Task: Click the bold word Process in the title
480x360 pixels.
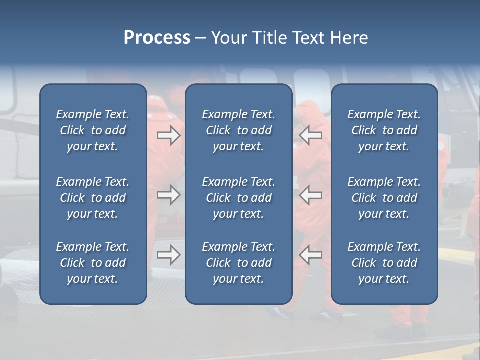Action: [157, 38]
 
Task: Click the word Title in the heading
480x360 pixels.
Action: [270, 38]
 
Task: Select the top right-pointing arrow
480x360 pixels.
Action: [169, 135]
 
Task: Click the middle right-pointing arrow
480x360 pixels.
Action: [169, 195]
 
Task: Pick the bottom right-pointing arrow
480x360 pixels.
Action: [169, 255]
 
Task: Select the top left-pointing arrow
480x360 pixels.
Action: [310, 135]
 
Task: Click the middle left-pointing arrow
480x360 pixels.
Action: [310, 195]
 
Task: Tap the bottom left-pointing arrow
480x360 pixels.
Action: [310, 255]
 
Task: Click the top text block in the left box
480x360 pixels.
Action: [93, 130]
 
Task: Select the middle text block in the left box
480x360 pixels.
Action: [93, 198]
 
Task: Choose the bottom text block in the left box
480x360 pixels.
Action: [93, 263]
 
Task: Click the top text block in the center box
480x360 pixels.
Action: [239, 130]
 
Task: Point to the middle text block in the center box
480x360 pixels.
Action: [239, 198]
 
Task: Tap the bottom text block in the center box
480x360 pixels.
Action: [239, 263]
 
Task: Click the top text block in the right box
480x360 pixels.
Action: [384, 130]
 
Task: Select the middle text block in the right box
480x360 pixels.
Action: [384, 198]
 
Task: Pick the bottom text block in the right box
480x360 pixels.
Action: [384, 263]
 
